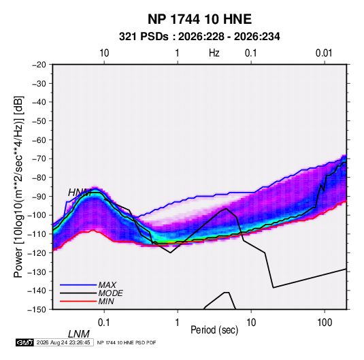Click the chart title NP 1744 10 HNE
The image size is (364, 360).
pos(199,19)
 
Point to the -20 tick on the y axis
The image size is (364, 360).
pos(39,65)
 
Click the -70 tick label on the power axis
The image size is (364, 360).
pos(39,159)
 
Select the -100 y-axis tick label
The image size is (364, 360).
pos(37,215)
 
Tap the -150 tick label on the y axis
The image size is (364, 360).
pos(37,310)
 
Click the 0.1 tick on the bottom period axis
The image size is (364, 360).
pos(104,323)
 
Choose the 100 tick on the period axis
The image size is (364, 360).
pos(325,323)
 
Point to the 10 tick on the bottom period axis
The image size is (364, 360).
pos(251,323)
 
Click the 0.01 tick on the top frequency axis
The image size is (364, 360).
pos(324,53)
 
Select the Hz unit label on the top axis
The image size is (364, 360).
pos(214,53)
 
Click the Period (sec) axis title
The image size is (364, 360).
pos(214,330)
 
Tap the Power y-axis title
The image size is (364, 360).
pos(18,187)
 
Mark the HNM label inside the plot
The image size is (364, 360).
pos(80,193)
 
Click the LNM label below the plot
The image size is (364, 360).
pos(79,334)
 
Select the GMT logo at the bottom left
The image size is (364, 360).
pos(25,342)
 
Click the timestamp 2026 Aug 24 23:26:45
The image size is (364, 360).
pos(63,342)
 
